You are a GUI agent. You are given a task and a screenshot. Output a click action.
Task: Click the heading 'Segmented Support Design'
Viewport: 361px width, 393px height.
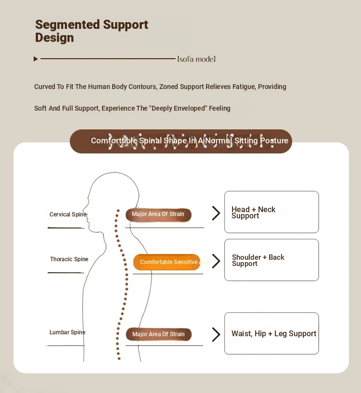coord(91,31)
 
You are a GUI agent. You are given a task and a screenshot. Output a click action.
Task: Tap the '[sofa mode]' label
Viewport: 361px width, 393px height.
coord(196,59)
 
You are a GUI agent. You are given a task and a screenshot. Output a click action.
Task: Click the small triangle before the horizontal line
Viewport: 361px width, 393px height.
coord(36,59)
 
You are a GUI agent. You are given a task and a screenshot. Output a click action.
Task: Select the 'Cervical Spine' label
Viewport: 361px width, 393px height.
coord(68,215)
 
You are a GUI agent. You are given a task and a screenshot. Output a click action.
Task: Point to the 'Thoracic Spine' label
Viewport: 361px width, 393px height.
coord(69,259)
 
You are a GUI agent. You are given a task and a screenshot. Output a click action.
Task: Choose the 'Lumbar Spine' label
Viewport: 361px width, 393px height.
coord(67,332)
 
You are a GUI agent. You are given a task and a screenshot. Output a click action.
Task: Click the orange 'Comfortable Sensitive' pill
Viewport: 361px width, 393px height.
coord(167,262)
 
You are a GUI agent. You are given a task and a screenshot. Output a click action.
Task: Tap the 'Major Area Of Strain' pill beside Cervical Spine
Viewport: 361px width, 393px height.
coord(158,215)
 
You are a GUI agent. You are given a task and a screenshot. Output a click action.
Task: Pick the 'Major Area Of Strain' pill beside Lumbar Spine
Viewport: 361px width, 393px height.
coord(158,334)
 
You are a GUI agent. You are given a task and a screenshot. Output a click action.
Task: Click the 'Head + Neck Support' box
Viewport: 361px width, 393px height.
coord(271,212)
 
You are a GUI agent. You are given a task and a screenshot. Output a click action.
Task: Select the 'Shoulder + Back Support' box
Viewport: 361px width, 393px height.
coord(271,260)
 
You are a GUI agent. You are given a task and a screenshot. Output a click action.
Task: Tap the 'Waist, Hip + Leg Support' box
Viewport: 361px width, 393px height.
coord(271,333)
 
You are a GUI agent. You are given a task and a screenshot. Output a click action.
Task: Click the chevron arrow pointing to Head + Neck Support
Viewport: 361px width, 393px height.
coord(216,213)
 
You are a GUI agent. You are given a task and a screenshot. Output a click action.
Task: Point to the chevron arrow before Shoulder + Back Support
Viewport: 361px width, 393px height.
coord(216,261)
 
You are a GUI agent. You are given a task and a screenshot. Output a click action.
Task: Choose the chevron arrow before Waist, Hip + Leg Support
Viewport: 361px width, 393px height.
coord(216,334)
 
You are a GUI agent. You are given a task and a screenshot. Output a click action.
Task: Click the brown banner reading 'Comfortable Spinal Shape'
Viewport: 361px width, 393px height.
coord(181,141)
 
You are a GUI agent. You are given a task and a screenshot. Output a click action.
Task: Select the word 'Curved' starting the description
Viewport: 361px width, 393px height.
coord(44,87)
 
